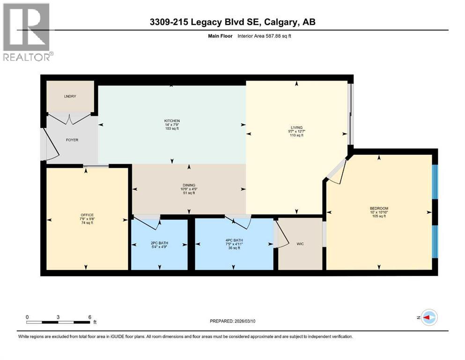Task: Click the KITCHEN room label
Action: [172, 120]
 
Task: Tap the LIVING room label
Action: [296, 127]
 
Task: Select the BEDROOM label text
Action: [379, 208]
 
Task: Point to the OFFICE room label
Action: [87, 215]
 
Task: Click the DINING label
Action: [189, 185]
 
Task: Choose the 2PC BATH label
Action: [159, 242]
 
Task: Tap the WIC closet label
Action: [300, 244]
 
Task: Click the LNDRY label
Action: [70, 97]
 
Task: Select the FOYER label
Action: [72, 139]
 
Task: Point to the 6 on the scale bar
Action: [89, 317]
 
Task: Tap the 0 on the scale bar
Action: [27, 317]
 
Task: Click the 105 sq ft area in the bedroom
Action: [379, 216]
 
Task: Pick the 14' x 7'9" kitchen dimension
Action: [172, 124]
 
